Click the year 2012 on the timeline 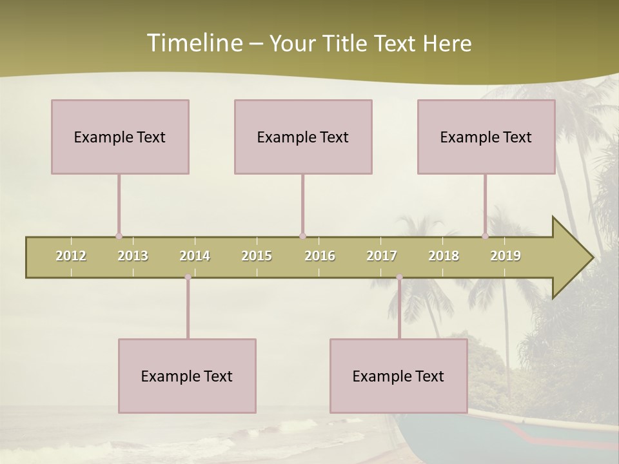point(71,256)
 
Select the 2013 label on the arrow point(133,256)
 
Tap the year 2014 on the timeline point(195,256)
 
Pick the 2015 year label point(257,256)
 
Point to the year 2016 point(320,256)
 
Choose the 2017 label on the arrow point(382,256)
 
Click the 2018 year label point(444,256)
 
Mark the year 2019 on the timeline point(506,256)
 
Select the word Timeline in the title point(193,43)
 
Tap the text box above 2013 point(120,137)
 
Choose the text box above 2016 point(303,137)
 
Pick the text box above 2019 point(486,137)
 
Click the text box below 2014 point(187,376)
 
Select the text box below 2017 point(398,376)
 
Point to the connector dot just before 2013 point(119,236)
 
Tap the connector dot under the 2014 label point(188,277)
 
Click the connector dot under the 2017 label point(399,277)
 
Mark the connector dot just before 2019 point(485,236)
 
